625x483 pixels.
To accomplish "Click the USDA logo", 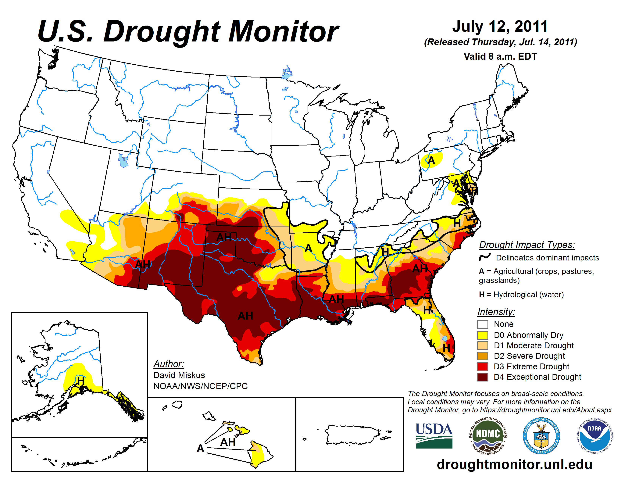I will tap(434, 435).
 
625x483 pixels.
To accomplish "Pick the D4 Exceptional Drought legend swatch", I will tap(483, 377).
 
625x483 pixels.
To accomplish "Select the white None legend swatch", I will tap(483, 324).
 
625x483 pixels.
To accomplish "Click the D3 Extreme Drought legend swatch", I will tap(483, 366).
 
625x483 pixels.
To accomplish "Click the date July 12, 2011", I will tap(500, 26).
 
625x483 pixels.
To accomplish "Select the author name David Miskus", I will tap(179, 375).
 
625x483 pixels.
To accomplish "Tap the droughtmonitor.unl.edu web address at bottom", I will tap(514, 464).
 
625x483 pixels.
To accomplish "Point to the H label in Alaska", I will tap(81, 381).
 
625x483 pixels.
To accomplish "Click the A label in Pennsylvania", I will tap(431, 160).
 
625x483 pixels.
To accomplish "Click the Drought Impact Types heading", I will tap(527, 245).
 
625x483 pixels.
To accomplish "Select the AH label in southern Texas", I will tap(245, 316).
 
